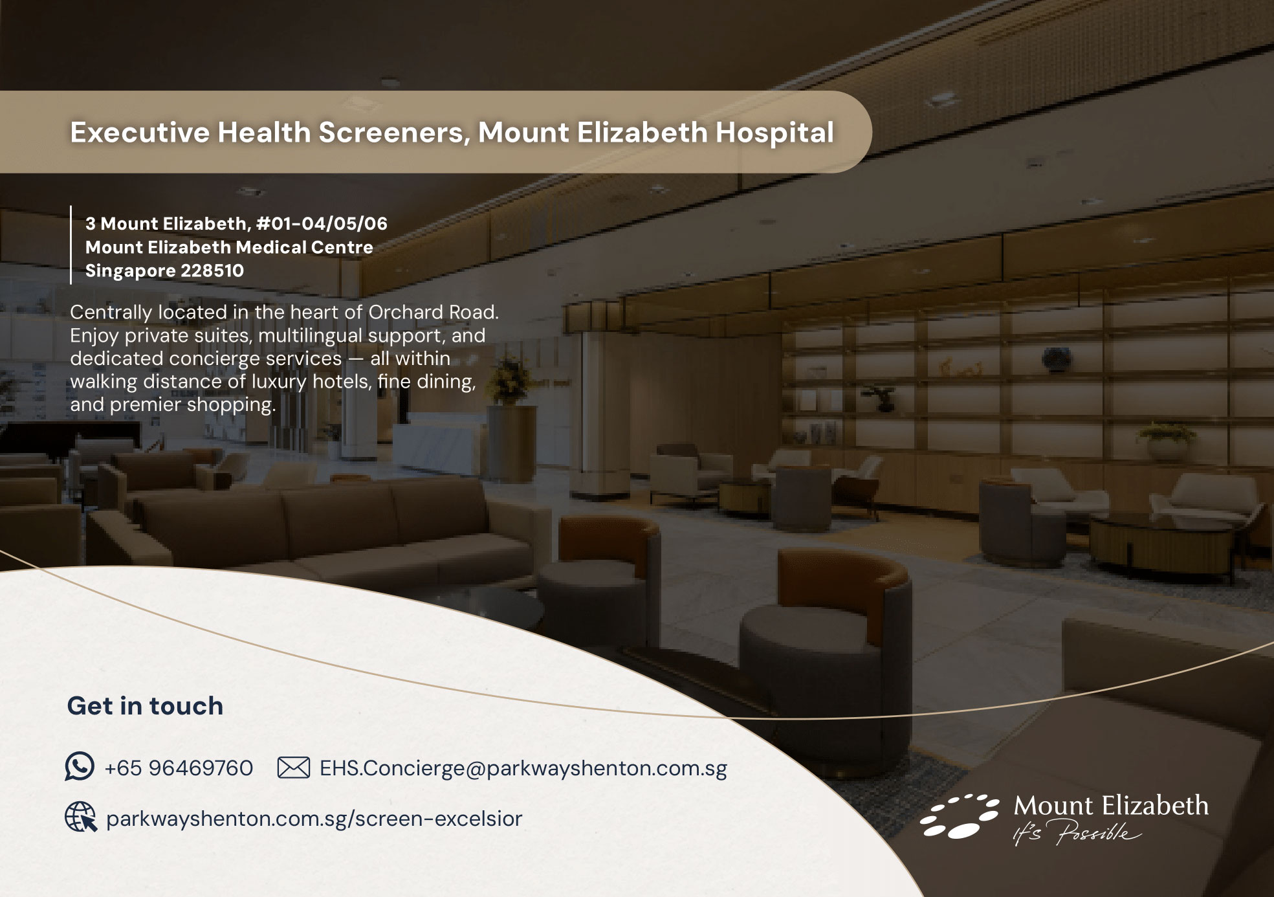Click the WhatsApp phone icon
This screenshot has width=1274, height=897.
pos(80,766)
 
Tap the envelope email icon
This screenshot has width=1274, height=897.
pos(293,768)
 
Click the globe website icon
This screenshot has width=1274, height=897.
pos(81,817)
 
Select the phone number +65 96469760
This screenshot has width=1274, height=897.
pos(179,768)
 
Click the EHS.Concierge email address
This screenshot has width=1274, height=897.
pos(523,768)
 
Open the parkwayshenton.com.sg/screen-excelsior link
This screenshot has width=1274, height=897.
pos(314,819)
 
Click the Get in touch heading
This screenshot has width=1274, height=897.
pos(145,705)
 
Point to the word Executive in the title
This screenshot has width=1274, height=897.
pos(140,132)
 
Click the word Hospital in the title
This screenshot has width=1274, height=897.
pos(774,133)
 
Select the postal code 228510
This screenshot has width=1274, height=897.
pos(212,271)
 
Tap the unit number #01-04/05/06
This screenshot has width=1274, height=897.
pos(322,224)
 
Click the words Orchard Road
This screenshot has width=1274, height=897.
pos(434,312)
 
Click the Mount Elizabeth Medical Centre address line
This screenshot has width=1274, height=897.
pos(229,247)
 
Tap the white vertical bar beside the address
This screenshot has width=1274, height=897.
pos(71,245)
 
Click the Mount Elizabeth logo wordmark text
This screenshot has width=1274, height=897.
pos(1111,806)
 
